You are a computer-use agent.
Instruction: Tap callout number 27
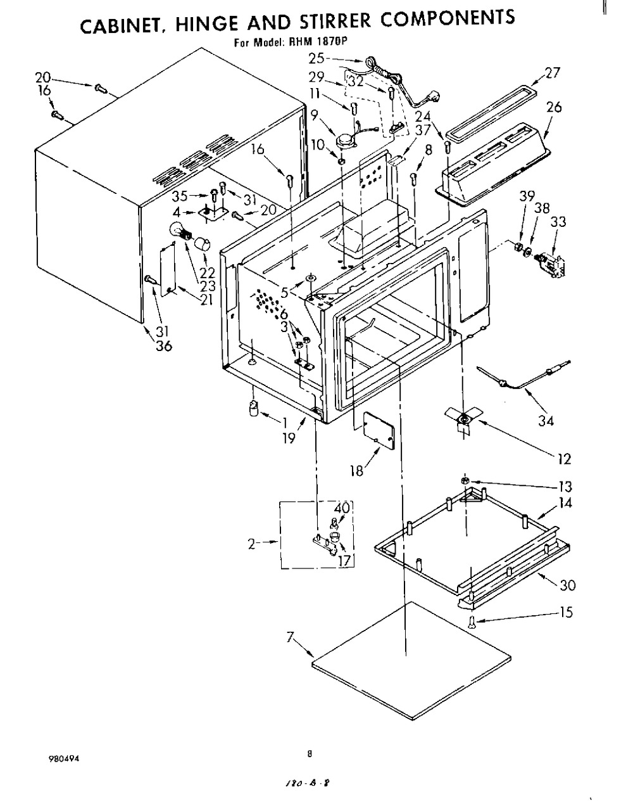pyautogui.click(x=552, y=72)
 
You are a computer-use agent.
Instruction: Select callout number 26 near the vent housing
pyautogui.click(x=554, y=107)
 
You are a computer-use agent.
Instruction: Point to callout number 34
pyautogui.click(x=545, y=421)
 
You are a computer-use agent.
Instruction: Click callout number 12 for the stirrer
pyautogui.click(x=564, y=459)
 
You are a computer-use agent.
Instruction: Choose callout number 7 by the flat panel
pyautogui.click(x=291, y=638)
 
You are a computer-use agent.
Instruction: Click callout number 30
pyautogui.click(x=568, y=585)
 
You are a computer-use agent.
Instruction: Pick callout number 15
pyautogui.click(x=566, y=612)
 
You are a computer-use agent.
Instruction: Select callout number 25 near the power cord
pyautogui.click(x=316, y=58)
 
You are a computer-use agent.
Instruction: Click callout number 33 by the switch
pyautogui.click(x=558, y=222)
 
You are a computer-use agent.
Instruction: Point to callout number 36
pyautogui.click(x=164, y=346)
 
